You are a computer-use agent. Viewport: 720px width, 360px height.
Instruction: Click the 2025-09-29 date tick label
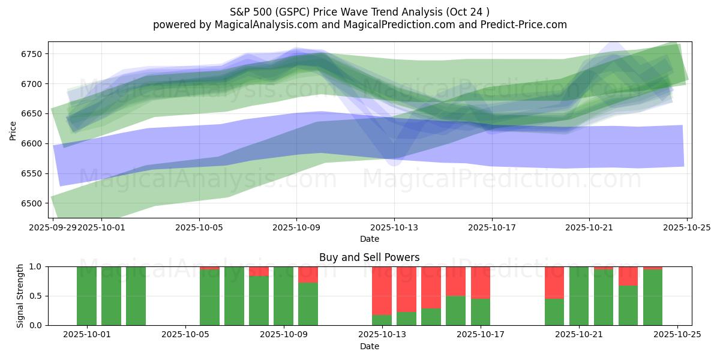point(53,227)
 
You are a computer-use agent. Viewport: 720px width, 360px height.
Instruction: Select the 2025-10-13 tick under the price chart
point(394,227)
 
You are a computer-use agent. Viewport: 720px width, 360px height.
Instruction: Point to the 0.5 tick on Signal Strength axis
point(35,296)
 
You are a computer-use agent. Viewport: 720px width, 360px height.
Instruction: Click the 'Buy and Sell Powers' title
point(369,257)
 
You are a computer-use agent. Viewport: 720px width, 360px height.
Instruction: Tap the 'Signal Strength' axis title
point(20,296)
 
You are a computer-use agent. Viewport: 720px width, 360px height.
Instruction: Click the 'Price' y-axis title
point(13,130)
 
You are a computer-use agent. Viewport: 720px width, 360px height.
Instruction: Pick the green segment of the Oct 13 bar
point(382,320)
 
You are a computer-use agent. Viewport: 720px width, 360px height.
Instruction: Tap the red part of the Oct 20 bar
point(554,282)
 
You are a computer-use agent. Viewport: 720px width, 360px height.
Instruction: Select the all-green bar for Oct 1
point(87,296)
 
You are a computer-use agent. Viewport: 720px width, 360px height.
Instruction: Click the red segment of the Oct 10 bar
point(308,274)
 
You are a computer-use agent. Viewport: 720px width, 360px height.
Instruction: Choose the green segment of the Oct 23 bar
point(628,305)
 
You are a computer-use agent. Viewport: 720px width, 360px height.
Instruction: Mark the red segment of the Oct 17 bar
point(481,282)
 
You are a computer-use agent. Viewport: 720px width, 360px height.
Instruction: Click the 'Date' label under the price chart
point(369,239)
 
